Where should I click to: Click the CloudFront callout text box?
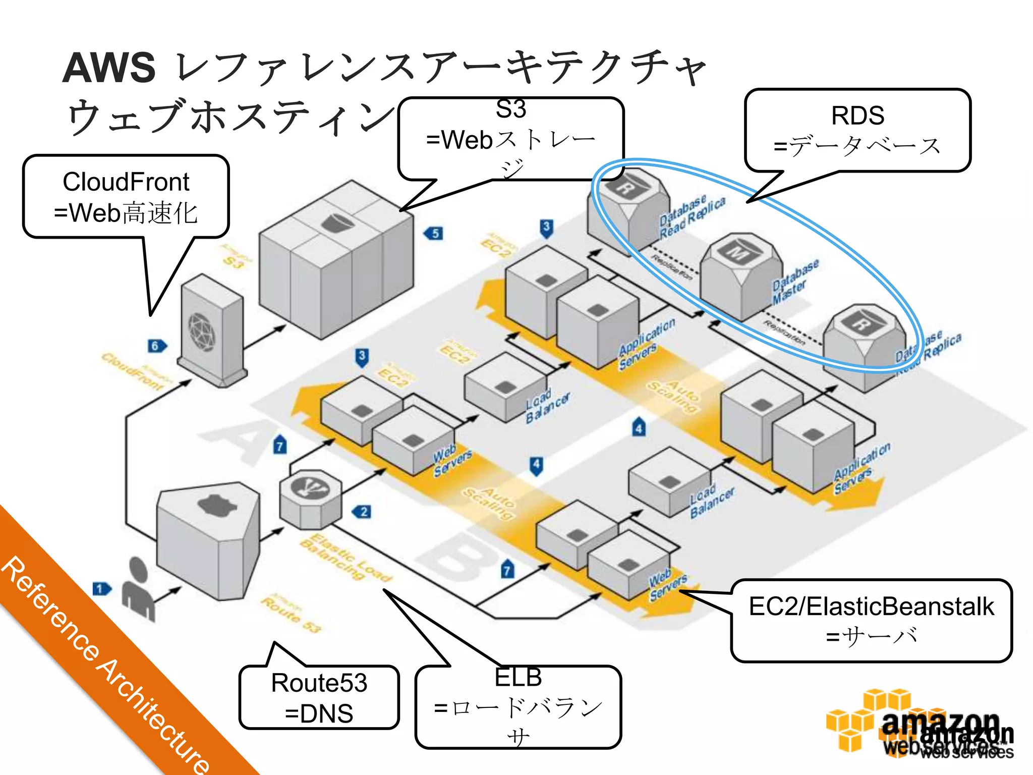(x=126, y=197)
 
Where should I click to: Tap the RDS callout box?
(x=857, y=130)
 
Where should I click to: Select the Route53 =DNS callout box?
(x=319, y=697)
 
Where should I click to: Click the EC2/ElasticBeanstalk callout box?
(x=871, y=621)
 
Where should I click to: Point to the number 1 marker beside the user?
(x=101, y=589)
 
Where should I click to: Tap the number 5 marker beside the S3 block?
(x=435, y=234)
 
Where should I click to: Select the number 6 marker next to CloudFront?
(x=156, y=346)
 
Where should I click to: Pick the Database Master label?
(x=795, y=282)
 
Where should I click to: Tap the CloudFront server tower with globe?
(x=212, y=330)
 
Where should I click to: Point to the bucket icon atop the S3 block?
(x=336, y=222)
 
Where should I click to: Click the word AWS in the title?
(x=109, y=68)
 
